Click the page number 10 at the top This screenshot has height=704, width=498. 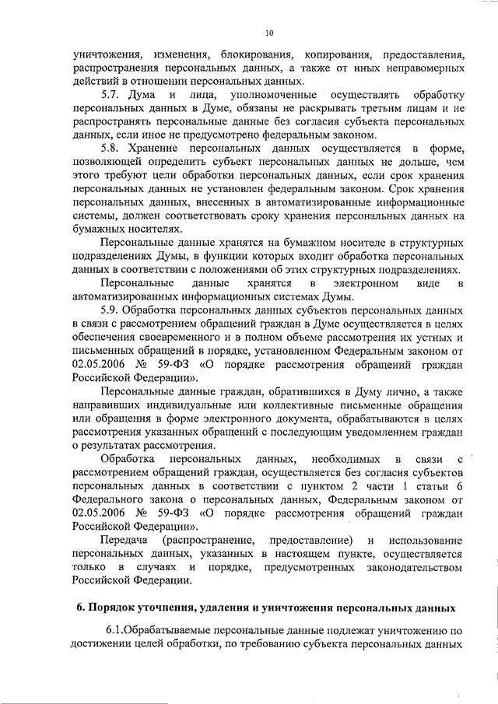click(269, 33)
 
